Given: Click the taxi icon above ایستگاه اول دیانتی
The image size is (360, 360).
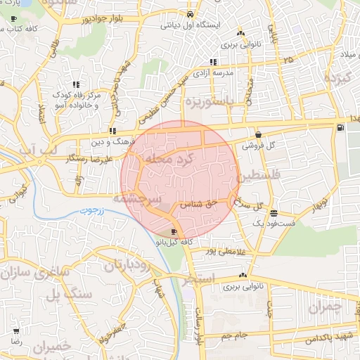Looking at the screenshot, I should point(191,14).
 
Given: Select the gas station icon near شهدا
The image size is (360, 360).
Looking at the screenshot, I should point(340,127).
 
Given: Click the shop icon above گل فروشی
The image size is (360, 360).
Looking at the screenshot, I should point(258,135).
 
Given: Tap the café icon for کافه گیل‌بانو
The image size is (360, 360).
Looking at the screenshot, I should point(174,232).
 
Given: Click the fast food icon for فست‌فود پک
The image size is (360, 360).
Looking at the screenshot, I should point(273,213).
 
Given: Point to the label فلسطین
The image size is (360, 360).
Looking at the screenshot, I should point(259,174).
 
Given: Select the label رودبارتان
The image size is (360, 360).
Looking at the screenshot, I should point(128,265).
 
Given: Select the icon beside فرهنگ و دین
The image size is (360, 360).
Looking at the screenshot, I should point(112,131).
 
